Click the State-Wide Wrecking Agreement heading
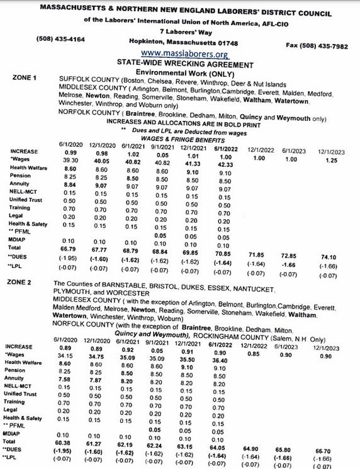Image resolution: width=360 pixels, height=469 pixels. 179,63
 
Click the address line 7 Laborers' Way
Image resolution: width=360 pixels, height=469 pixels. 180,30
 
